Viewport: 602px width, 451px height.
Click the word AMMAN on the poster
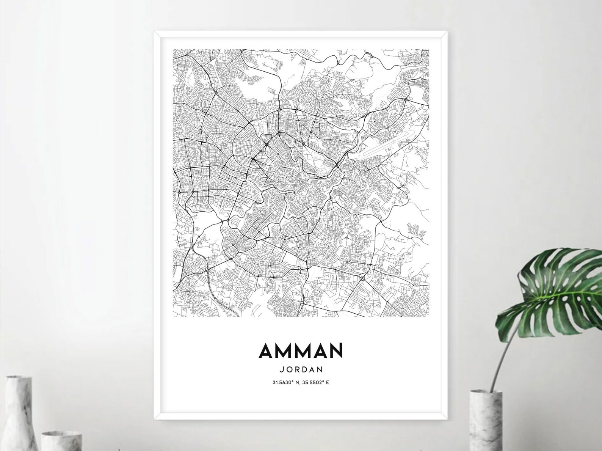tap(301, 350)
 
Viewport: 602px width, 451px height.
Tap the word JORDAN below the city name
tap(301, 368)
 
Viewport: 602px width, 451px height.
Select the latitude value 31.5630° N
tap(287, 382)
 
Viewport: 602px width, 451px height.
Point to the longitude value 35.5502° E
tap(315, 382)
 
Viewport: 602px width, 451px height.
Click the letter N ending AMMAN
tap(336, 350)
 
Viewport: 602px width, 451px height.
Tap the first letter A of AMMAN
tap(266, 350)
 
